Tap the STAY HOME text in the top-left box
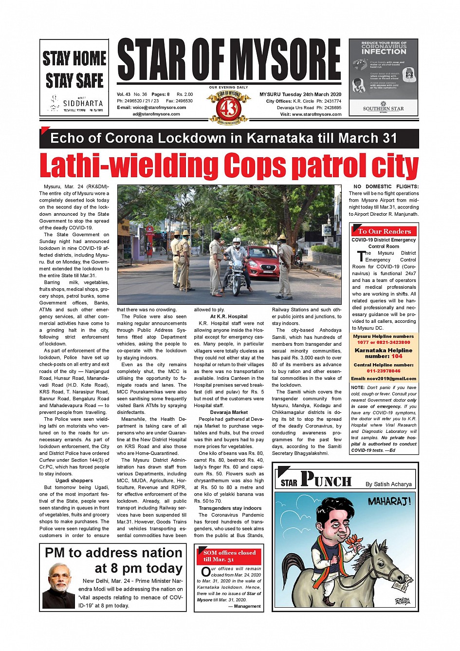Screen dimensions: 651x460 pyautogui.click(x=74, y=58)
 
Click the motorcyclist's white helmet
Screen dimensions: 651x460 pyautogui.click(x=237, y=242)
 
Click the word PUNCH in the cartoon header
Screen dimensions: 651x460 pyautogui.click(x=326, y=480)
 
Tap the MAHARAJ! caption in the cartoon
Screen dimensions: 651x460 pyautogui.click(x=389, y=501)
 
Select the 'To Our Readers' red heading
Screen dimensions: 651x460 pyautogui.click(x=384, y=231)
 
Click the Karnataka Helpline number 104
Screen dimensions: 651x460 pyautogui.click(x=397, y=356)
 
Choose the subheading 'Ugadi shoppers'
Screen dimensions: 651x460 pyautogui.click(x=74, y=481)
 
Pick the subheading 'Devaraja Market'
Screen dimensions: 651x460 pyautogui.click(x=229, y=412)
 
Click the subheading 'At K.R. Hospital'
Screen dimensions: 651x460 pyautogui.click(x=229, y=316)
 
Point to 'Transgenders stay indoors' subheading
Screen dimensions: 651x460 pyautogui.click(x=230, y=508)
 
